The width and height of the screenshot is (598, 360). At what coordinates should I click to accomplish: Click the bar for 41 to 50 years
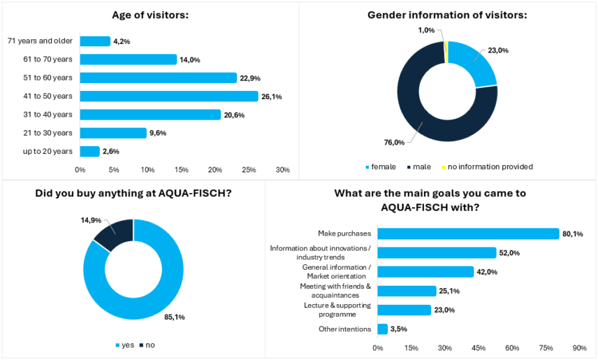pyautogui.click(x=169, y=96)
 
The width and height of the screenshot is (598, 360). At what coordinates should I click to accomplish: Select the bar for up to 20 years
pyautogui.click(x=89, y=151)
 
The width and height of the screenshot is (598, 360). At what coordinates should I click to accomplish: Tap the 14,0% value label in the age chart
pyautogui.click(x=189, y=60)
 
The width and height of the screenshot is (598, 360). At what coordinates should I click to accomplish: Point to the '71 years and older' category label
pyautogui.click(x=40, y=41)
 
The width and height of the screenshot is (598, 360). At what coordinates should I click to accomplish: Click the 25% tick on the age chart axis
pyautogui.click(x=249, y=170)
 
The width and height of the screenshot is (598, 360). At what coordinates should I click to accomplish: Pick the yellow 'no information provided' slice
pyautogui.click(x=445, y=52)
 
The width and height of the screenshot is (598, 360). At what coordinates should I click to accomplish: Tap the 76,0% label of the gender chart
pyautogui.click(x=394, y=143)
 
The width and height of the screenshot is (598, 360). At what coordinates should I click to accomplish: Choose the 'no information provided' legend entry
pyautogui.click(x=487, y=166)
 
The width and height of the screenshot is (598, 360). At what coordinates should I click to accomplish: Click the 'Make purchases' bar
pyautogui.click(x=469, y=233)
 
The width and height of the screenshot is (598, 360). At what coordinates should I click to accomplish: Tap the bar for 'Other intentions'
pyautogui.click(x=383, y=329)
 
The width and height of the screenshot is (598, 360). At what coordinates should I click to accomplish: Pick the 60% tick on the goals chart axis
pyautogui.click(x=512, y=348)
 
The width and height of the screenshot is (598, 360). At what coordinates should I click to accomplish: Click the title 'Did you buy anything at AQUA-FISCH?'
pyautogui.click(x=133, y=194)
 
